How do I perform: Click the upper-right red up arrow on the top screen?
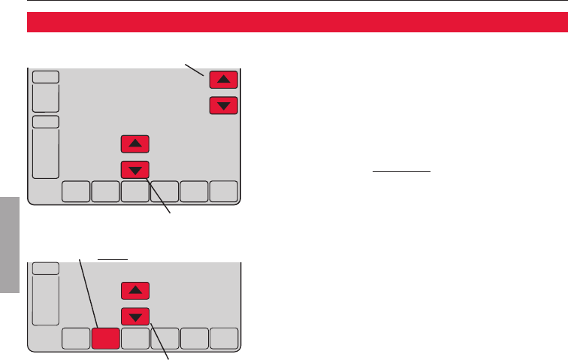point(223,79)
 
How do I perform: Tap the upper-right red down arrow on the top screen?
point(223,106)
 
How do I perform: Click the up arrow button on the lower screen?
point(134,290)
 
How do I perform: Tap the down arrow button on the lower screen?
point(134,316)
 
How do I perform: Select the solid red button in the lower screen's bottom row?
point(104,338)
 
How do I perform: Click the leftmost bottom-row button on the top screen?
point(74,192)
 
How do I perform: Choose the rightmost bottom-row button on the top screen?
point(223,192)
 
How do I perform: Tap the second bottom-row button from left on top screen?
point(104,192)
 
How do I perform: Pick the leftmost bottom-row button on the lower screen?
point(74,338)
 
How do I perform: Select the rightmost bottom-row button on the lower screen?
point(223,338)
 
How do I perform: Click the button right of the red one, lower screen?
point(134,338)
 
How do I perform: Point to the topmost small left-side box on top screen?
point(45,77)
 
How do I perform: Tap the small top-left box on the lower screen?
point(45,268)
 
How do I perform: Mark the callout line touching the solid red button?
point(87,289)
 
